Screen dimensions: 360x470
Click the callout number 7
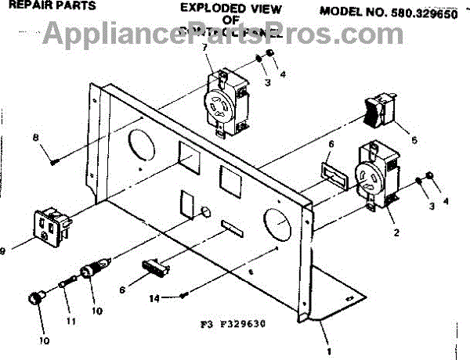click(205, 48)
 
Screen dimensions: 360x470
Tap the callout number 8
click(35, 138)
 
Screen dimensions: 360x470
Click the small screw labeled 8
click(55, 161)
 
